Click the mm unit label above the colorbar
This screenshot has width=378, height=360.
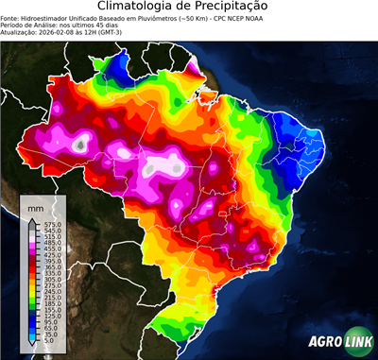coord(36,206)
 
